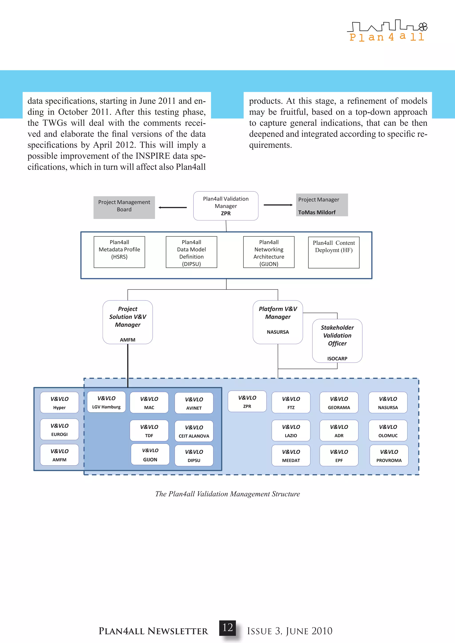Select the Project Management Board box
124,207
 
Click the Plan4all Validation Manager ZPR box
226,206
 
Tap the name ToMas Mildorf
317,212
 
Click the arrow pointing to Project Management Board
172,208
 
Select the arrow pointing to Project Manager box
278,205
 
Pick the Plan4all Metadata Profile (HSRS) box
119,252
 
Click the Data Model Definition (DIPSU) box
191,252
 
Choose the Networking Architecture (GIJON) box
269,252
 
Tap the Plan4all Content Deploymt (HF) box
334,252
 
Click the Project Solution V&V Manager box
128,322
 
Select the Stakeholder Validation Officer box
337,341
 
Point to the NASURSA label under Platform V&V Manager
278,332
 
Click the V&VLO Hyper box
59,403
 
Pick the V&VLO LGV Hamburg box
106,402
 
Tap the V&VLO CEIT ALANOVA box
194,431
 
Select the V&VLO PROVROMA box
389,455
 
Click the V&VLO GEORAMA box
339,403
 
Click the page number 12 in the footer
227,628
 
